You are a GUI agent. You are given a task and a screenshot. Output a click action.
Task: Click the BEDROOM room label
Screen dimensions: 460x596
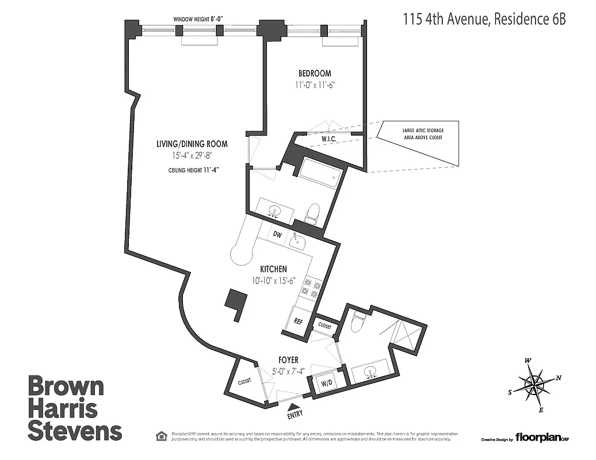tap(314, 74)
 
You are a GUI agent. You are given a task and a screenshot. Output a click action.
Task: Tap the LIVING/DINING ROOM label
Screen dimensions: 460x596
tap(192, 144)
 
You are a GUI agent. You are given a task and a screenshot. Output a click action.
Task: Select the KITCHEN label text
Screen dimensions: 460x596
tap(273, 269)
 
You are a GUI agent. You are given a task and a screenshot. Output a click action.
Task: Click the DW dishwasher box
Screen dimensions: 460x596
tap(277, 234)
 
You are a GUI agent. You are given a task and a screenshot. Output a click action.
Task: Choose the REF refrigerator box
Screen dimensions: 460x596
tap(298, 323)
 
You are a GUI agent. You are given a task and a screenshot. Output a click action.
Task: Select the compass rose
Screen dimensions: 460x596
tap(534, 385)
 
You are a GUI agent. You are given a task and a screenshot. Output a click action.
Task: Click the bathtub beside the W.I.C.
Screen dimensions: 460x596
tap(318, 172)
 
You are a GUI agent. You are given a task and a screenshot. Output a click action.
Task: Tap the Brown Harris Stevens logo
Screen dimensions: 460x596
tap(75, 408)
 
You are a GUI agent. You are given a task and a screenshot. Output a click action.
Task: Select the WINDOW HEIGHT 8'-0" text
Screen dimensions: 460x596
tap(198, 19)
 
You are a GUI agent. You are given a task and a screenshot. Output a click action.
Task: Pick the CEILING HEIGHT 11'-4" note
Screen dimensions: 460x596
tap(193, 170)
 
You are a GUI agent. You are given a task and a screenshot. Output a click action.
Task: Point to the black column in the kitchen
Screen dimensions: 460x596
tap(236, 302)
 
